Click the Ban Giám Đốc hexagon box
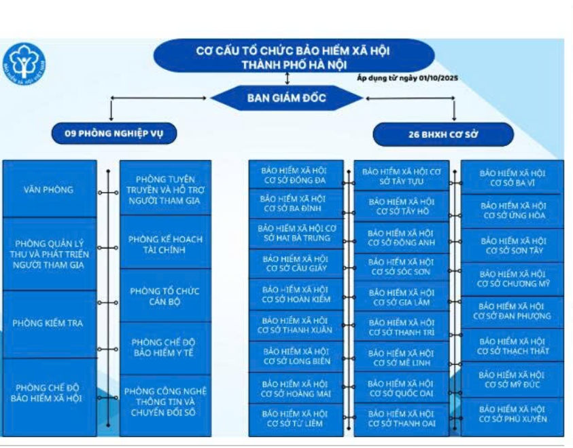(286, 98)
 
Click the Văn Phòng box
(48, 190)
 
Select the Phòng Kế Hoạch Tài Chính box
(165, 244)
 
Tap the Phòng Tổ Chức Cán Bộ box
(165, 296)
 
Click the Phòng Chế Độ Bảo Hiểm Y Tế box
(165, 347)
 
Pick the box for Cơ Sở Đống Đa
(295, 175)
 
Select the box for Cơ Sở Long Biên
(295, 356)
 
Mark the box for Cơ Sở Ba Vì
(512, 178)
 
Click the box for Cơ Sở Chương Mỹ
(512, 278)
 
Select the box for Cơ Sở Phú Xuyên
(512, 414)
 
